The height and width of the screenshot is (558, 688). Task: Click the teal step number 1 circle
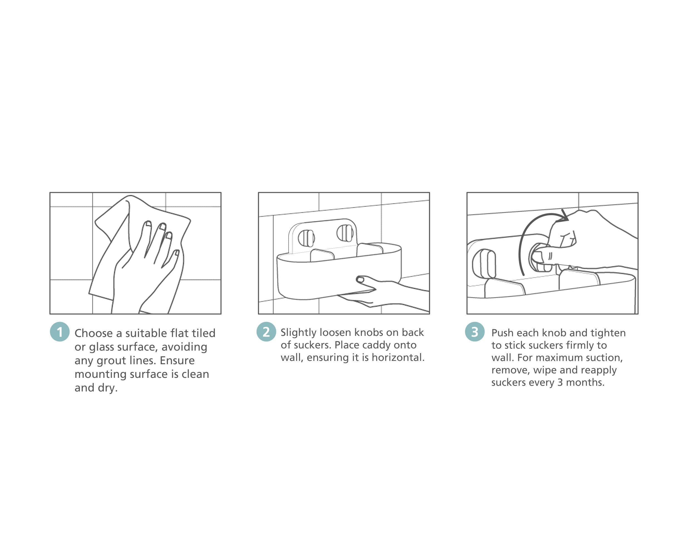click(x=60, y=331)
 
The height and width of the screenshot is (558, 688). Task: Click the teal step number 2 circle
click(x=266, y=331)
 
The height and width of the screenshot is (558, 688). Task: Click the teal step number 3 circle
click(x=475, y=331)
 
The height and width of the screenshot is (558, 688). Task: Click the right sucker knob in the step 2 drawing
click(x=345, y=233)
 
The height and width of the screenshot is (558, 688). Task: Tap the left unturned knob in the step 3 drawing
click(x=484, y=264)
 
